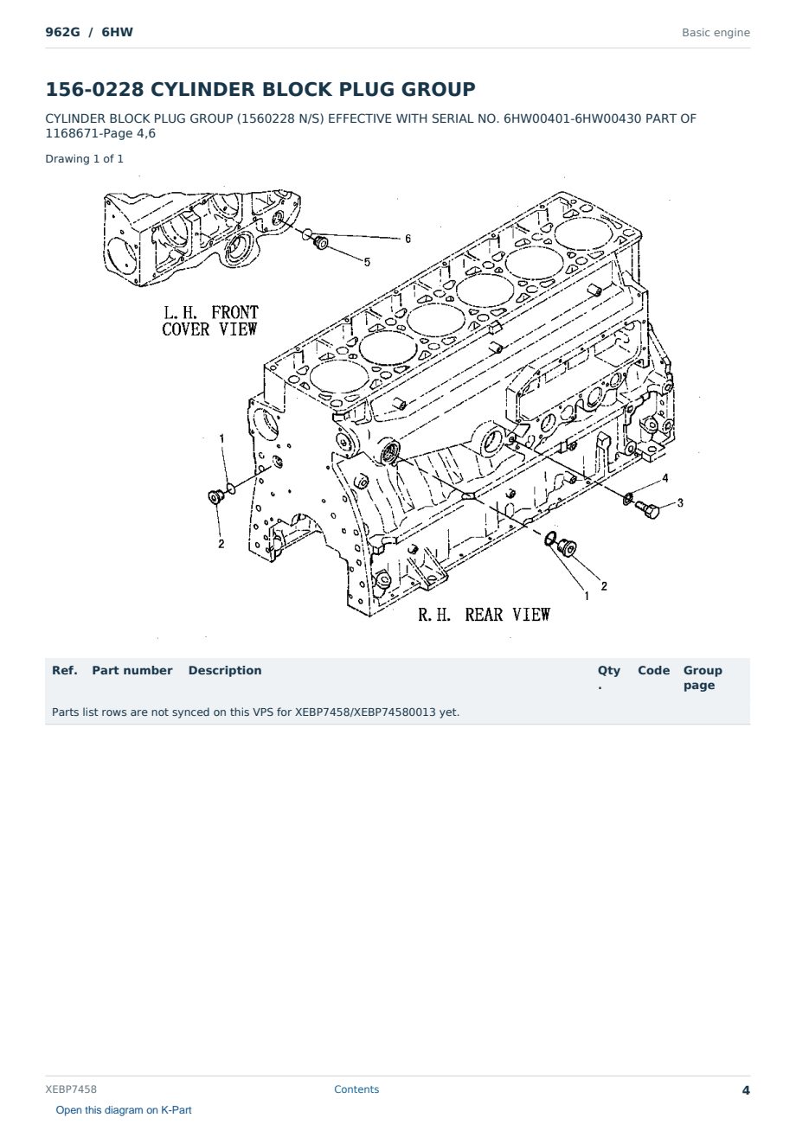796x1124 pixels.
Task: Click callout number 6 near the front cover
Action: (408, 239)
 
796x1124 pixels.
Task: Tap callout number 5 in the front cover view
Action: (367, 262)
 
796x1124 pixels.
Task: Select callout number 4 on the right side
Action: (665, 477)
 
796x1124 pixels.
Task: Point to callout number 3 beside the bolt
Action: (680, 502)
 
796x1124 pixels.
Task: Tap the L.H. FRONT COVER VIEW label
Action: (210, 321)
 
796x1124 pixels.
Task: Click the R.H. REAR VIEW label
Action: (485, 615)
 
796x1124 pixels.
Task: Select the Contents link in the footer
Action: (356, 1089)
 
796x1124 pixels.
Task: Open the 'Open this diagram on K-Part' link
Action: (124, 1110)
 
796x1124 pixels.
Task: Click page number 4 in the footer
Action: (746, 1090)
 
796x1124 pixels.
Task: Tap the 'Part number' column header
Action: (132, 670)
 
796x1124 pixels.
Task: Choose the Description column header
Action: (225, 670)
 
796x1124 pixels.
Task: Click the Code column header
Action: (653, 670)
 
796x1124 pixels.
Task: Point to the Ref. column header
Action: (65, 670)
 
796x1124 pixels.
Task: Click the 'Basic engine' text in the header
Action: (716, 33)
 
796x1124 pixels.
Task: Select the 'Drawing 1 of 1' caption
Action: (85, 159)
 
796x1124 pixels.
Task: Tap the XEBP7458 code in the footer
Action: (71, 1089)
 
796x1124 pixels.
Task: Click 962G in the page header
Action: (63, 32)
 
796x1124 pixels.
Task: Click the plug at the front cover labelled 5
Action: (320, 242)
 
